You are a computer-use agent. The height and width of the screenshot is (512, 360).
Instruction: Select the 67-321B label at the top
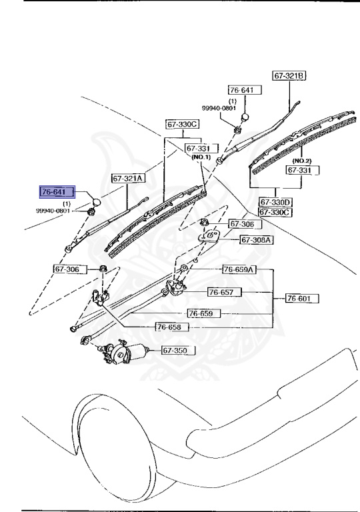[x=289, y=75]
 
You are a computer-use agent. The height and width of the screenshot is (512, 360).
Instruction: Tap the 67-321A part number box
[x=127, y=178]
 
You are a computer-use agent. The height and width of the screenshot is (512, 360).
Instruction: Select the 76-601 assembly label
[x=302, y=298]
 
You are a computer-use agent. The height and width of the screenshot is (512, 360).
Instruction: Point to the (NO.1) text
[x=201, y=157]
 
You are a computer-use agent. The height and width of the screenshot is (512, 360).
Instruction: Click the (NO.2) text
[x=303, y=161]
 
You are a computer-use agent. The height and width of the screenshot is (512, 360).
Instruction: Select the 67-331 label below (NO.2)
[x=303, y=171]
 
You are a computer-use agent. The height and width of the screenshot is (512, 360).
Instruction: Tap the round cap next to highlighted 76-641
[x=95, y=201]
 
